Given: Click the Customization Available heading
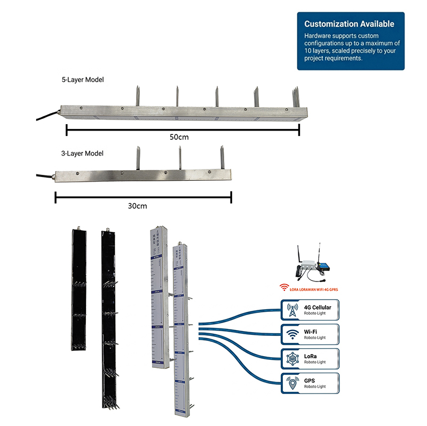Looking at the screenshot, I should (x=349, y=24).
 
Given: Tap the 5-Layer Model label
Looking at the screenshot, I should (x=82, y=79).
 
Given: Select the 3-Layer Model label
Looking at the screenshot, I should (x=82, y=153).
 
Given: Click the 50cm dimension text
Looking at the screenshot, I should (x=179, y=137).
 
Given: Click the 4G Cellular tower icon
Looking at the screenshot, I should (x=292, y=310).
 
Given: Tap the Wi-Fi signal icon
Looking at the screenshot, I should (x=292, y=334).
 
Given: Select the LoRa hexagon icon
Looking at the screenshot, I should (x=292, y=358).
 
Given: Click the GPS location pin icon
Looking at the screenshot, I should (x=292, y=382).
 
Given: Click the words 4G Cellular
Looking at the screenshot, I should (x=318, y=307).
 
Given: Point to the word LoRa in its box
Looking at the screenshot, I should (x=311, y=355).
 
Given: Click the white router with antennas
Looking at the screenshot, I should (x=309, y=267).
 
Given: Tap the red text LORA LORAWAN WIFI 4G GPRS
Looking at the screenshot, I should (x=313, y=290).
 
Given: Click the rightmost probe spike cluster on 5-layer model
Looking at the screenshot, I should (x=295, y=97).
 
